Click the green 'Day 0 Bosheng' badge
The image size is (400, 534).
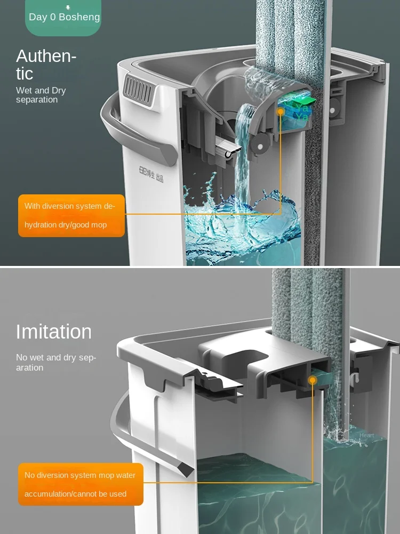pos(63,17)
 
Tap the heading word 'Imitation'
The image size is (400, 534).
pos(53,332)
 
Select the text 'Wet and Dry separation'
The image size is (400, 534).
pos(41,95)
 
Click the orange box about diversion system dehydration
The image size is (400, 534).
pos(71,215)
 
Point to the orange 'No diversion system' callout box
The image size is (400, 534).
pos(81,484)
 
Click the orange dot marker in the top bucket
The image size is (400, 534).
pos(281,111)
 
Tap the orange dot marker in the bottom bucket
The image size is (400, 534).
pos(313,380)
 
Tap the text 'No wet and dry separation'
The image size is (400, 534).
pos(55,362)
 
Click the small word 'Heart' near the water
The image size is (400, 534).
pos(366,435)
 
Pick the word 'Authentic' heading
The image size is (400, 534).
pos(46,64)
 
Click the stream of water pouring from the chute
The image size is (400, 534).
pos(243,150)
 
